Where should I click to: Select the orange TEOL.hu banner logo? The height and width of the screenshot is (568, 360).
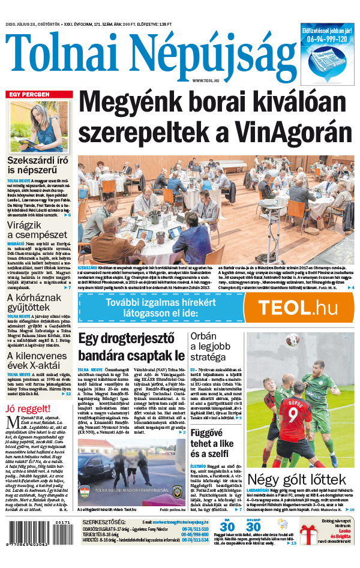(299, 308)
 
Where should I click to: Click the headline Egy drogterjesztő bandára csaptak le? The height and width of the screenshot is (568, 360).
(131, 347)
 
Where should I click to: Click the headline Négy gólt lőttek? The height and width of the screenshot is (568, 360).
(297, 480)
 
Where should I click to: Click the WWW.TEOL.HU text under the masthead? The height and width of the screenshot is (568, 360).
(206, 80)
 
